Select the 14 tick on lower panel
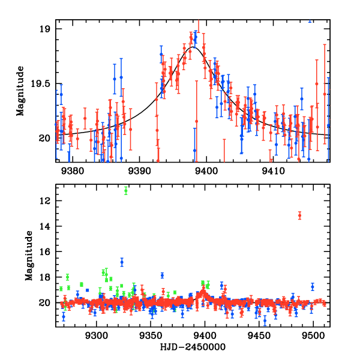coord(48,226)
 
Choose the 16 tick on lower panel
coord(48,252)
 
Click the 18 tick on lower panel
coord(48,277)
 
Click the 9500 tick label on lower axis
coord(313,335)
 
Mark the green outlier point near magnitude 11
coord(125,191)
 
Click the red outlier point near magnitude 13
coord(299,215)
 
